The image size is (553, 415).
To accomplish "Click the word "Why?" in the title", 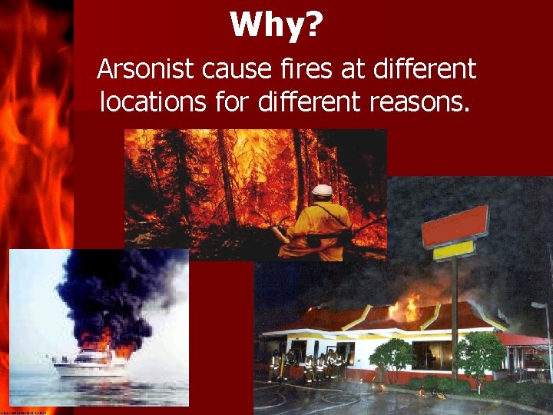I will [x=276, y=25].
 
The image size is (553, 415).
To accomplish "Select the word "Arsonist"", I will [x=146, y=71].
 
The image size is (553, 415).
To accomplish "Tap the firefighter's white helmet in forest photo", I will [x=323, y=190].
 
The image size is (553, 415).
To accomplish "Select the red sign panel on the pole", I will [x=455, y=227].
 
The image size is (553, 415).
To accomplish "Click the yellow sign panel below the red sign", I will [x=453, y=251].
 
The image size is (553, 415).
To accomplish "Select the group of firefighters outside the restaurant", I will [x=307, y=365].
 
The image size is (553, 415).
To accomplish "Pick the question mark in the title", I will [x=314, y=25].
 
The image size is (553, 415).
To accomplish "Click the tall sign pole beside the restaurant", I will [x=454, y=315].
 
